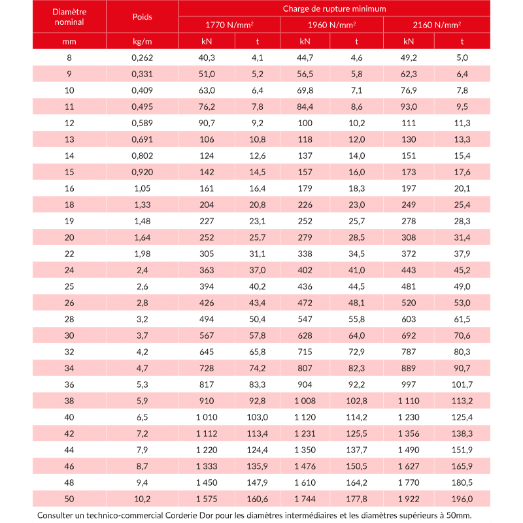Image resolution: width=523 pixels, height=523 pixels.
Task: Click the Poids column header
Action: click(x=142, y=16)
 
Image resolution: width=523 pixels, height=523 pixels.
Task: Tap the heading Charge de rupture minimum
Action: click(x=334, y=8)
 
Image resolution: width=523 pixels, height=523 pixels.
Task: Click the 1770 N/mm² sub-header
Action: click(x=229, y=25)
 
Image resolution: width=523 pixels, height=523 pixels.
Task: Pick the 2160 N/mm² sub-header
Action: click(x=437, y=25)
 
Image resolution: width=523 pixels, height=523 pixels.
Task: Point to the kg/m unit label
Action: click(x=142, y=41)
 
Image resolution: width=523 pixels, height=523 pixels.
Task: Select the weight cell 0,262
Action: click(x=142, y=58)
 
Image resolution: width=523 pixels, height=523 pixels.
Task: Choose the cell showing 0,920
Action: click(x=142, y=172)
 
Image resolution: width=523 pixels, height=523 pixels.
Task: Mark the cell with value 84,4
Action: click(x=305, y=107)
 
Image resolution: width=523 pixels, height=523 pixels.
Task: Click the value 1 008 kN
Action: click(x=305, y=401)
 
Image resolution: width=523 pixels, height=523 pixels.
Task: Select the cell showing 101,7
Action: click(x=462, y=384)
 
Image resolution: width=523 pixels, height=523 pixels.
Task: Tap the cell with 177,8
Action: click(x=356, y=499)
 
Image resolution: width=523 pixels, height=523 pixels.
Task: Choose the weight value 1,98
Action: click(x=142, y=254)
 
